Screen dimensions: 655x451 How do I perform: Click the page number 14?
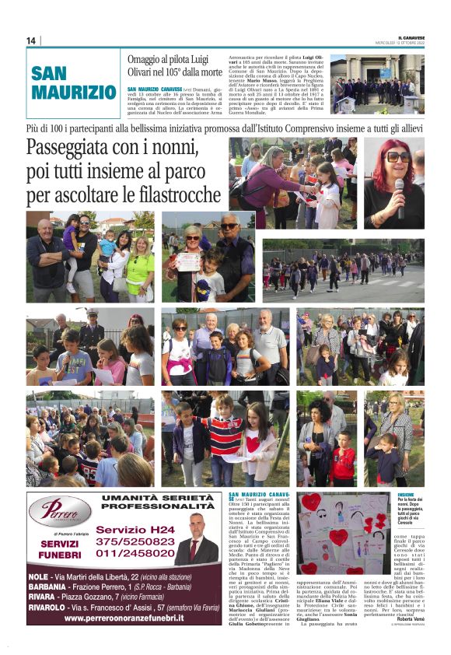31,40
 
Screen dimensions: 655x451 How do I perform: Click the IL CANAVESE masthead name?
411,37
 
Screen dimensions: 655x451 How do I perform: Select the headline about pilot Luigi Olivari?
175,66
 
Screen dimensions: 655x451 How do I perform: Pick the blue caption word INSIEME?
406,495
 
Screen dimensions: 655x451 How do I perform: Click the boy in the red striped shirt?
226,440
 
